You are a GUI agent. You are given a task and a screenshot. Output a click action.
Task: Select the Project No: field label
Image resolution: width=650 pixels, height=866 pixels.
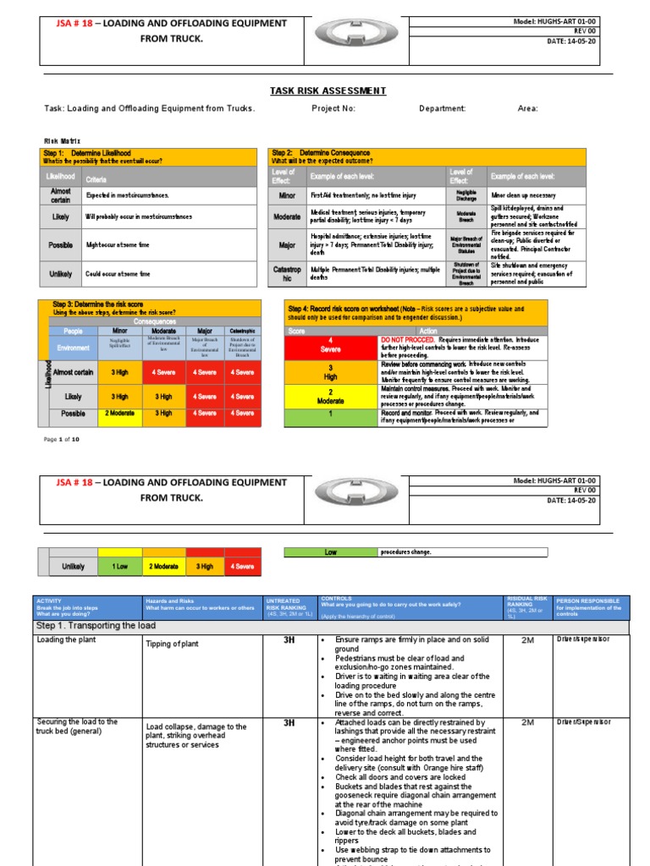333,109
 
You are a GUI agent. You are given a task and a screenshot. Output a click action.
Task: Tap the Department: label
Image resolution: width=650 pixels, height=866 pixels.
443,109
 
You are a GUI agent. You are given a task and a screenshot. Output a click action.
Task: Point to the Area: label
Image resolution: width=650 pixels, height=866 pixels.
527,109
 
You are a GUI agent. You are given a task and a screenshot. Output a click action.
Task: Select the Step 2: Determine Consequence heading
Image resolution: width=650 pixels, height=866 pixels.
321,153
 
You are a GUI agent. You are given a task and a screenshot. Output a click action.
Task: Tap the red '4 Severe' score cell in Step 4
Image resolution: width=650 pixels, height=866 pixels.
333,344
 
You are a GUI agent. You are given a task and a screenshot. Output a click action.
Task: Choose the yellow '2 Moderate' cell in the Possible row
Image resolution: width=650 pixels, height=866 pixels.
119,414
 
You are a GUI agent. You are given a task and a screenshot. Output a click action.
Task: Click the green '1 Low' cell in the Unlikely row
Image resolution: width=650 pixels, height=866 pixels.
119,567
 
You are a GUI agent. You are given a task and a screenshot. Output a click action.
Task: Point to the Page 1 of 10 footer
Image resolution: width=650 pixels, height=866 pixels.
61,440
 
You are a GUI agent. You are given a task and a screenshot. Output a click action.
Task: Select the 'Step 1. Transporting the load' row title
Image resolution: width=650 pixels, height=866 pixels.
96,626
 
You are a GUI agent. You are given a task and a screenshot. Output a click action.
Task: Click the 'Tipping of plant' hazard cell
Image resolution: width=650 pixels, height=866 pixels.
174,644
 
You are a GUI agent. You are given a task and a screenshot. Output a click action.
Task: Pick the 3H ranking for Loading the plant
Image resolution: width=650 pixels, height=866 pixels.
289,641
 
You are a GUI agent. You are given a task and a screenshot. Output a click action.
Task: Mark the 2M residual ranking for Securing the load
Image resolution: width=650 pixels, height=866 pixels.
527,723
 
